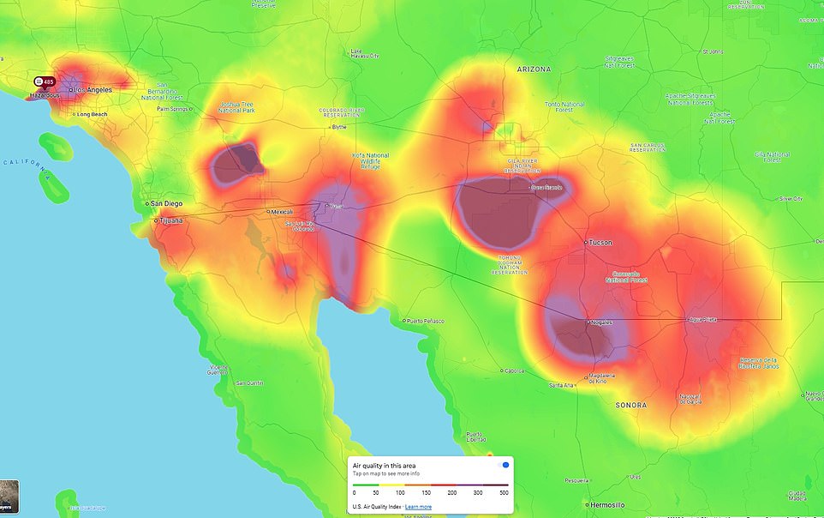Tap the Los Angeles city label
tap(92, 89)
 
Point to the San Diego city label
tap(166, 203)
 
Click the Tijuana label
tap(169, 220)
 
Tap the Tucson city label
tap(600, 243)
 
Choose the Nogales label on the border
tap(599, 322)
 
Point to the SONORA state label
tap(630, 405)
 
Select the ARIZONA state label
tap(534, 69)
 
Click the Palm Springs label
tap(171, 109)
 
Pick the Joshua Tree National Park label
tap(236, 107)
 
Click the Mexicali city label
tap(280, 212)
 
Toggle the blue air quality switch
tap(505, 465)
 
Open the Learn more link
tap(418, 507)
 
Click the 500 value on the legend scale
tap(504, 493)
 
